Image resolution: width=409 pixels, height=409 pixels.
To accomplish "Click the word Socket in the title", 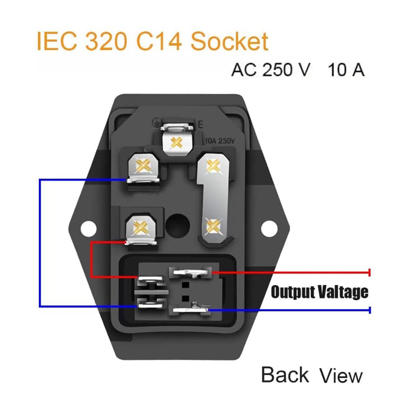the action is (229, 41).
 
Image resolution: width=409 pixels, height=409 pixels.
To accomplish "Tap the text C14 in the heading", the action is (159, 41).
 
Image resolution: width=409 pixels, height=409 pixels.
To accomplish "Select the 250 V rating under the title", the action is (286, 70).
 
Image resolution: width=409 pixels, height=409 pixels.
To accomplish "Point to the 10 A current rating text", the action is (346, 70).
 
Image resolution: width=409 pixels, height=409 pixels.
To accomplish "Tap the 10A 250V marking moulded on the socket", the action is (220, 141).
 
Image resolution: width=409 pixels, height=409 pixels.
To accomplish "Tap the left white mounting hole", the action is (89, 229).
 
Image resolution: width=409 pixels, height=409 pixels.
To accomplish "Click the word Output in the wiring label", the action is (293, 292).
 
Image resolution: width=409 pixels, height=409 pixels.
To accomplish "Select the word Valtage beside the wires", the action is (344, 292).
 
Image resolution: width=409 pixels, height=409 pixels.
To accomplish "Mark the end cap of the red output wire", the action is (369, 272).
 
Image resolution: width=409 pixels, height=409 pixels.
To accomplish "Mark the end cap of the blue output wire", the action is (370, 310).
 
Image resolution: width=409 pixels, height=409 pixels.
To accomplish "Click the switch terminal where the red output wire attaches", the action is (191, 272).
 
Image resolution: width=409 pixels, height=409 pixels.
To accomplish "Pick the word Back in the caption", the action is (285, 375).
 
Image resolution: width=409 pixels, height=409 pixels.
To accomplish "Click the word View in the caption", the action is (341, 375).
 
